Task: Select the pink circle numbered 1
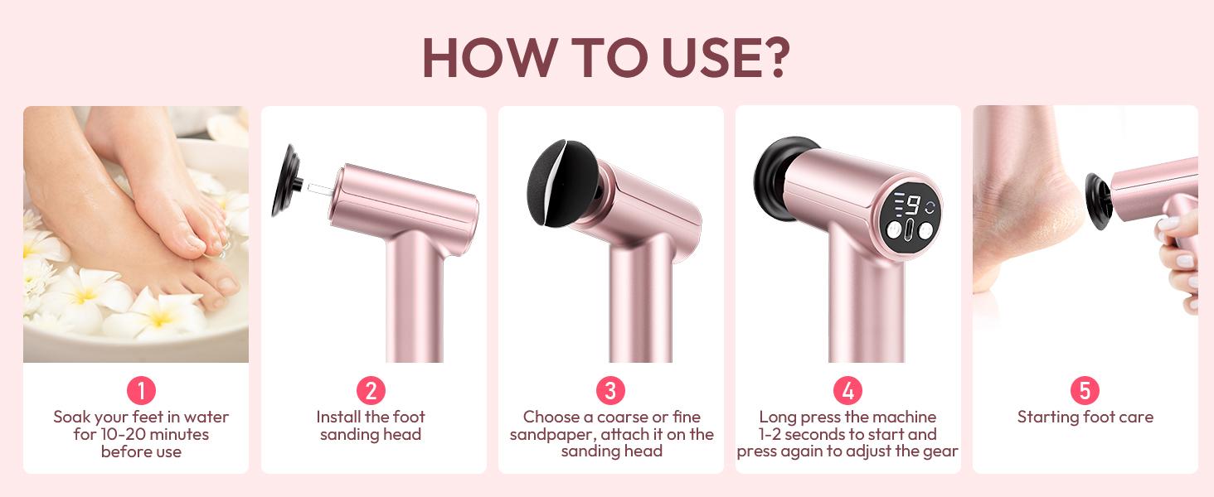coord(142,390)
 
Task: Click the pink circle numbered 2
coord(371,390)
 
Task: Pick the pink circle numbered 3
coord(611,390)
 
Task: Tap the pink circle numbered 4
coord(847,390)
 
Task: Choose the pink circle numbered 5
coord(1085,390)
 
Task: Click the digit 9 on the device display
coord(914,205)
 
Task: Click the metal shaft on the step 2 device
coord(321,188)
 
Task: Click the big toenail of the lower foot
coord(228,285)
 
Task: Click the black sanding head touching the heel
coord(1099,201)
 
